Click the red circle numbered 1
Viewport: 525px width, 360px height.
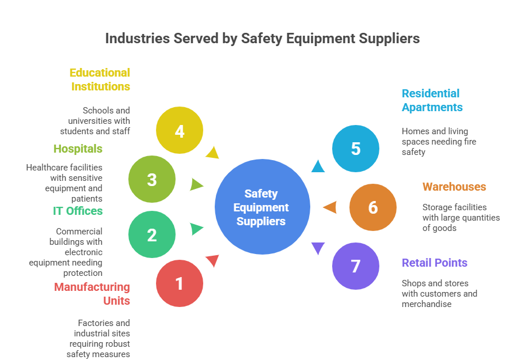pyautogui.click(x=180, y=283)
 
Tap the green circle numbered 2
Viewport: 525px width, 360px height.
pyautogui.click(x=152, y=235)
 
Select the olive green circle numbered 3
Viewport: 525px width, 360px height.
pyautogui.click(x=152, y=180)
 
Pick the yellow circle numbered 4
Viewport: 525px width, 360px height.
pyautogui.click(x=180, y=131)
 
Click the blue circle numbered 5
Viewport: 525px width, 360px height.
pyautogui.click(x=356, y=149)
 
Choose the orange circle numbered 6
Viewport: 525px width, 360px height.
pyautogui.click(x=373, y=207)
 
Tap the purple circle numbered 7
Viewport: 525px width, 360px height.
pyautogui.click(x=356, y=266)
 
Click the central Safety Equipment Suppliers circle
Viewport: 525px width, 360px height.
pyautogui.click(x=262, y=207)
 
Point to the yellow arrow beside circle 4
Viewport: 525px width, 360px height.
pyautogui.click(x=213, y=153)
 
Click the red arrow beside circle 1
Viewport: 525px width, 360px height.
pyautogui.click(x=213, y=261)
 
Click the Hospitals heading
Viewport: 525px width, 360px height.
pyautogui.click(x=78, y=149)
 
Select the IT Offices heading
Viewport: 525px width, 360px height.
pyautogui.click(x=78, y=211)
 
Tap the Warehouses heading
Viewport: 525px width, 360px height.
pyautogui.click(x=454, y=187)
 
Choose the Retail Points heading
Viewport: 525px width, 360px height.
pyautogui.click(x=435, y=263)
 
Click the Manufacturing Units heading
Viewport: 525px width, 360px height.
pyautogui.click(x=92, y=294)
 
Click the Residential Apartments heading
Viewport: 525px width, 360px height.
pyautogui.click(x=432, y=100)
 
